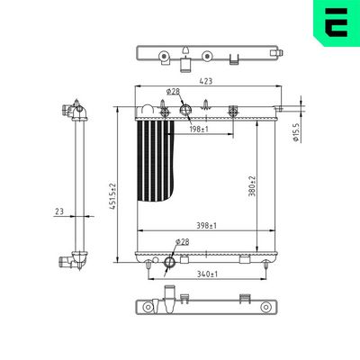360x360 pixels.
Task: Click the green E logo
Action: (335, 24)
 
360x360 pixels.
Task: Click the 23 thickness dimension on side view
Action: (59, 211)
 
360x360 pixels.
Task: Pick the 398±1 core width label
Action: (205, 225)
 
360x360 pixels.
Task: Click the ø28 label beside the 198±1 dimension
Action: (174, 92)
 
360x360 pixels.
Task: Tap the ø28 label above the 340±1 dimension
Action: (183, 241)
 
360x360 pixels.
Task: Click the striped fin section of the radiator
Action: (150, 162)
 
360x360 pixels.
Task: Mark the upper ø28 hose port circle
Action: (187, 110)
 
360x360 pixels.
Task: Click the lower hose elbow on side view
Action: (72, 261)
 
